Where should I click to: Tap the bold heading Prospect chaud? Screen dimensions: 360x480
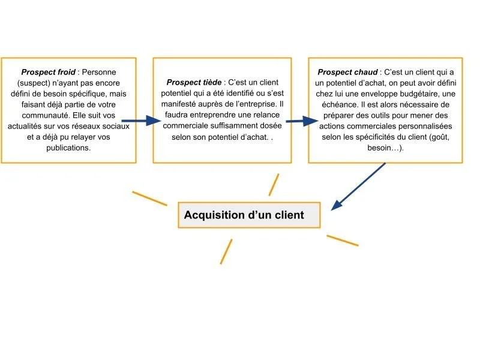pos(347,72)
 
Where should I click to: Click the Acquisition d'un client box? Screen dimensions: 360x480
pos(249,215)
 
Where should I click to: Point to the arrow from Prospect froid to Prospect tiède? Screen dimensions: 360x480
pos(142,121)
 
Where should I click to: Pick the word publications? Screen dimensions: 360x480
pos(68,148)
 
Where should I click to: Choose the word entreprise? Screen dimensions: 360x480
pos(254,104)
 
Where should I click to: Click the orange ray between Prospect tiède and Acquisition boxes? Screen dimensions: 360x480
pos(274,185)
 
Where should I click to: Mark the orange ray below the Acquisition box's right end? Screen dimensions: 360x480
pos(342,240)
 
